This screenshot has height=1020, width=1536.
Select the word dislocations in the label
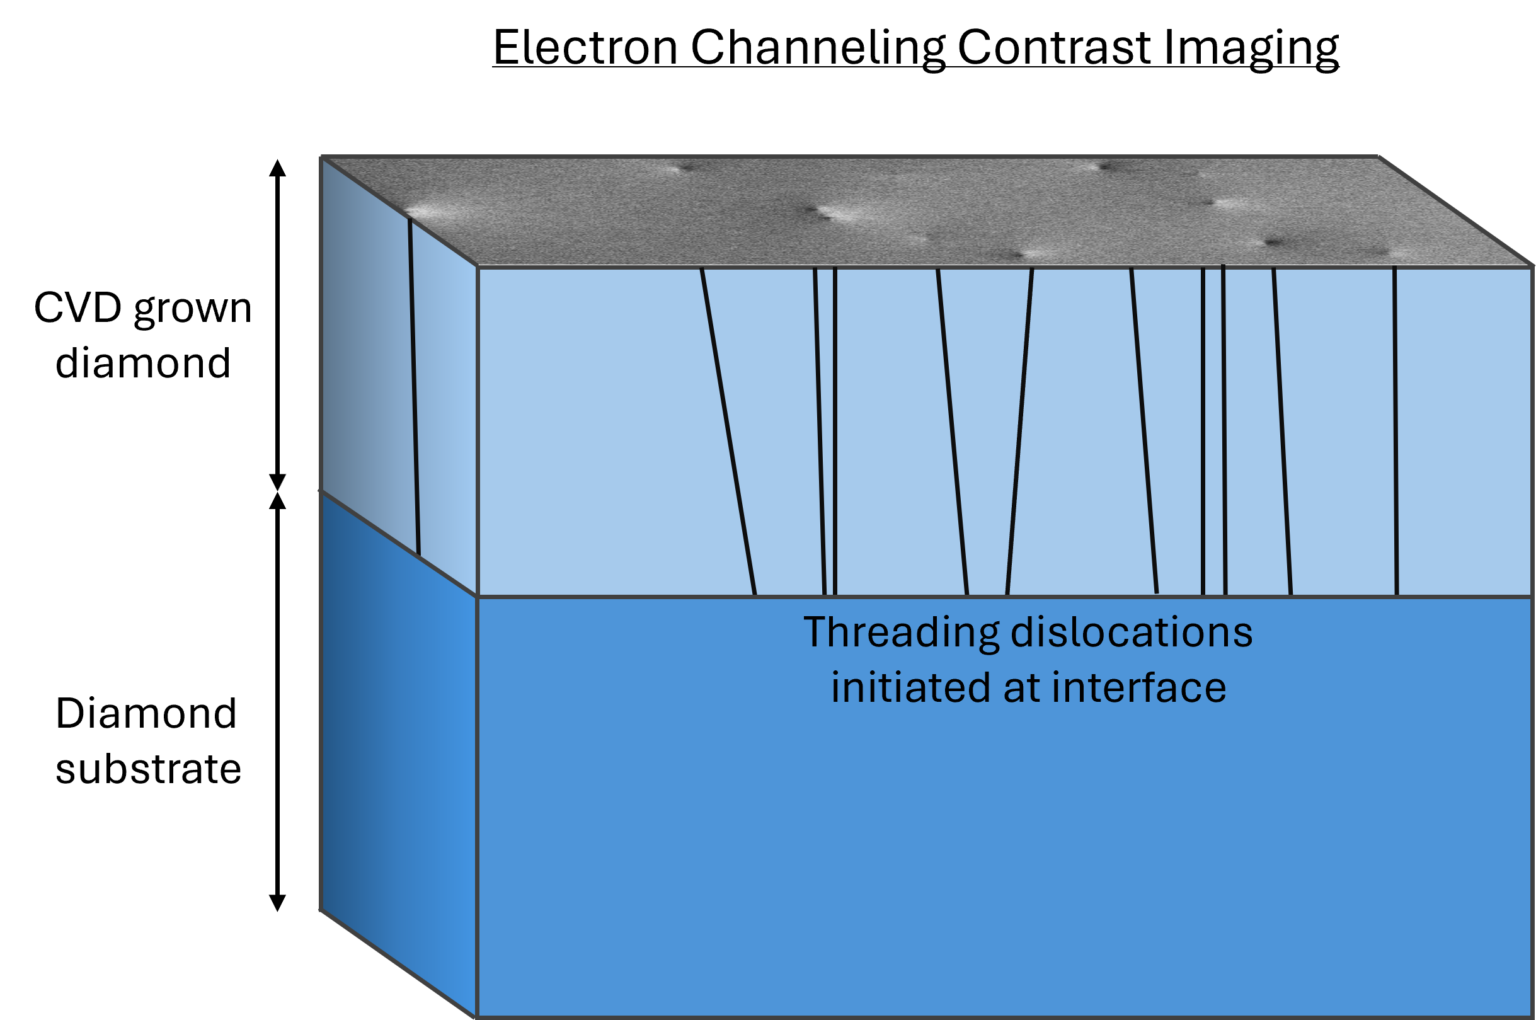[1132, 633]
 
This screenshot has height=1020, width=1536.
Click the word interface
[1138, 688]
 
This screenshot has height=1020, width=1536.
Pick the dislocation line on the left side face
[415, 391]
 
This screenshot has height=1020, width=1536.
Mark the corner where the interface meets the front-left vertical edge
[478, 596]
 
